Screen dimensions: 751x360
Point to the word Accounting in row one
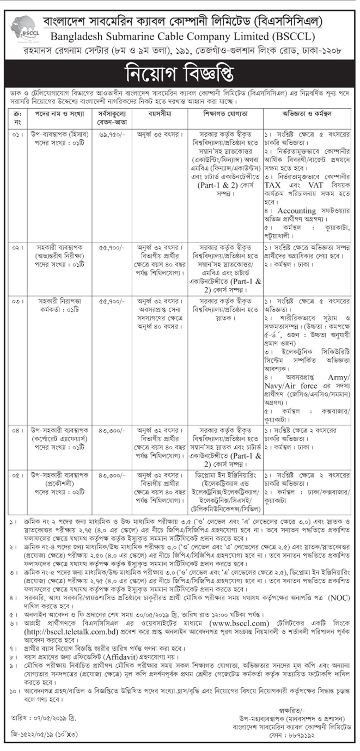point(296,210)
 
